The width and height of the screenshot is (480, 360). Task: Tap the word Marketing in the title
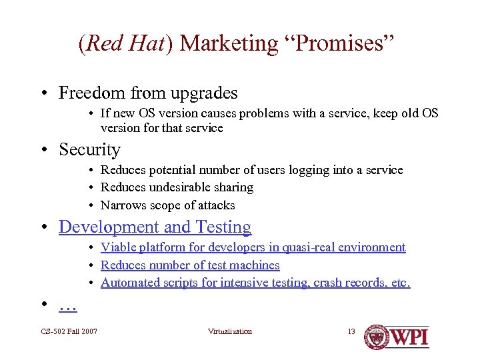coord(229,43)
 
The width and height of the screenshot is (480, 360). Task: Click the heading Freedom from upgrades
coord(148,93)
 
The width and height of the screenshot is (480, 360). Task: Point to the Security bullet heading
coord(89,149)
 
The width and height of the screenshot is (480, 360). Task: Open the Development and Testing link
coord(155,227)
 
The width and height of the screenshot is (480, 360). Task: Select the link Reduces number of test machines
coord(190,265)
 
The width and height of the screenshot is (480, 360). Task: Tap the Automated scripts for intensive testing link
coord(255,283)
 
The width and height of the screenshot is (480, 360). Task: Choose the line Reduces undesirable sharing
coord(177,187)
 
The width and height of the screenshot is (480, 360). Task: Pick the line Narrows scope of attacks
coord(167,205)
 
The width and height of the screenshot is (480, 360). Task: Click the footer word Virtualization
coord(230,331)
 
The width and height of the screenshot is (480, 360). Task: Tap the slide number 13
coord(351,331)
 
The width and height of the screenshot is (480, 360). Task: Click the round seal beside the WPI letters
coord(378,337)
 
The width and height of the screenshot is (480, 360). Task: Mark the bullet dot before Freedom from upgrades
coord(50,93)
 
